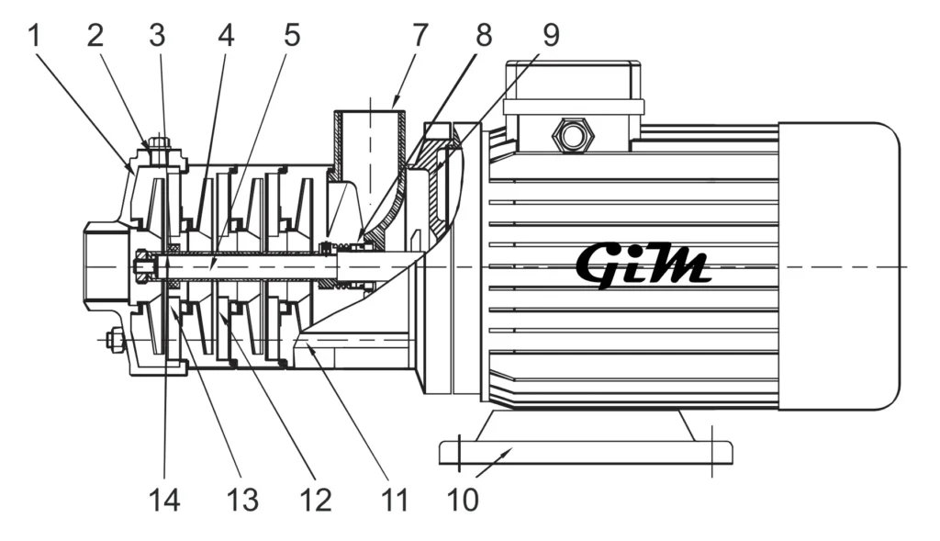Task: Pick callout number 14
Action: click(x=165, y=501)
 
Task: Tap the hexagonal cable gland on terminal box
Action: click(x=573, y=136)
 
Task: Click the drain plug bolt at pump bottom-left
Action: click(x=116, y=341)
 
